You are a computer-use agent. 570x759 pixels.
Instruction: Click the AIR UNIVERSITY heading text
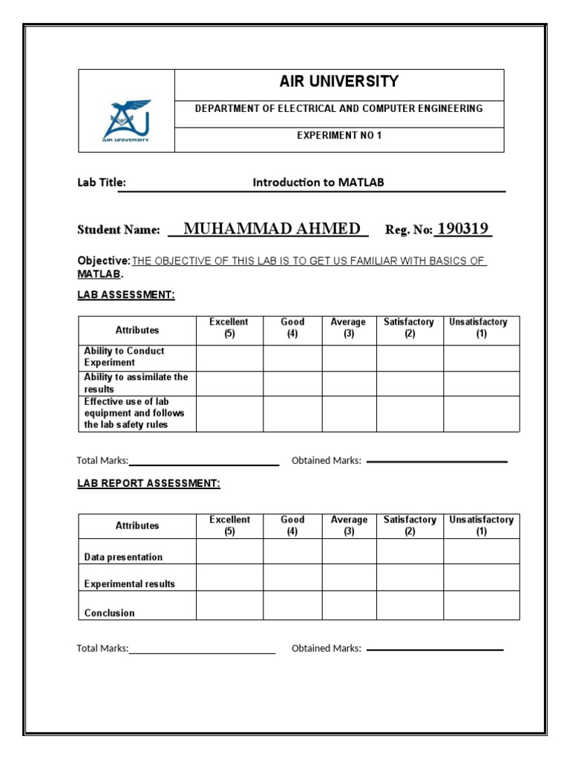pos(338,82)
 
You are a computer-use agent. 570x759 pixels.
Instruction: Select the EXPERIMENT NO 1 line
pos(338,136)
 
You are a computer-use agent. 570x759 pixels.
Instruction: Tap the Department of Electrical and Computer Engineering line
pos(338,108)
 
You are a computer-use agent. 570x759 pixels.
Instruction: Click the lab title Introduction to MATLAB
pos(318,182)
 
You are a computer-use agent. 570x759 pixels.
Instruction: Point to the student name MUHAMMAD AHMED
pos(272,228)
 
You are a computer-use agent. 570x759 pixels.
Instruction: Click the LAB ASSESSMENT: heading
pos(126,295)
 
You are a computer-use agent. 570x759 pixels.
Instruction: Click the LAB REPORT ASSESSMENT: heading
pos(148,483)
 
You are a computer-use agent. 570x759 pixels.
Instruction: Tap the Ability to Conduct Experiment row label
pos(125,357)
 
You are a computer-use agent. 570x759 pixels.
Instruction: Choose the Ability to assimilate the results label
pos(136,383)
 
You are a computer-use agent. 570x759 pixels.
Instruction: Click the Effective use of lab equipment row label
pos(134,413)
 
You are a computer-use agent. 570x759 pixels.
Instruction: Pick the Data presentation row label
pos(123,557)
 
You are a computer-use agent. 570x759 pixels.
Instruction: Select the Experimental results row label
pos(130,584)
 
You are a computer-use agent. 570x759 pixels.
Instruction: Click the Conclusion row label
pos(110,613)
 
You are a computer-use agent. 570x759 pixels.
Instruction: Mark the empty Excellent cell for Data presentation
pos(229,551)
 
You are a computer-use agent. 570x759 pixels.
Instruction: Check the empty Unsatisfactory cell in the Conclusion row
pos(482,606)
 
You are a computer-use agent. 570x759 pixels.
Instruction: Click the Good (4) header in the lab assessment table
pos(292,328)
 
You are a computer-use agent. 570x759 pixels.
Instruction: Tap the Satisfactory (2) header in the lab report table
pos(410,526)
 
